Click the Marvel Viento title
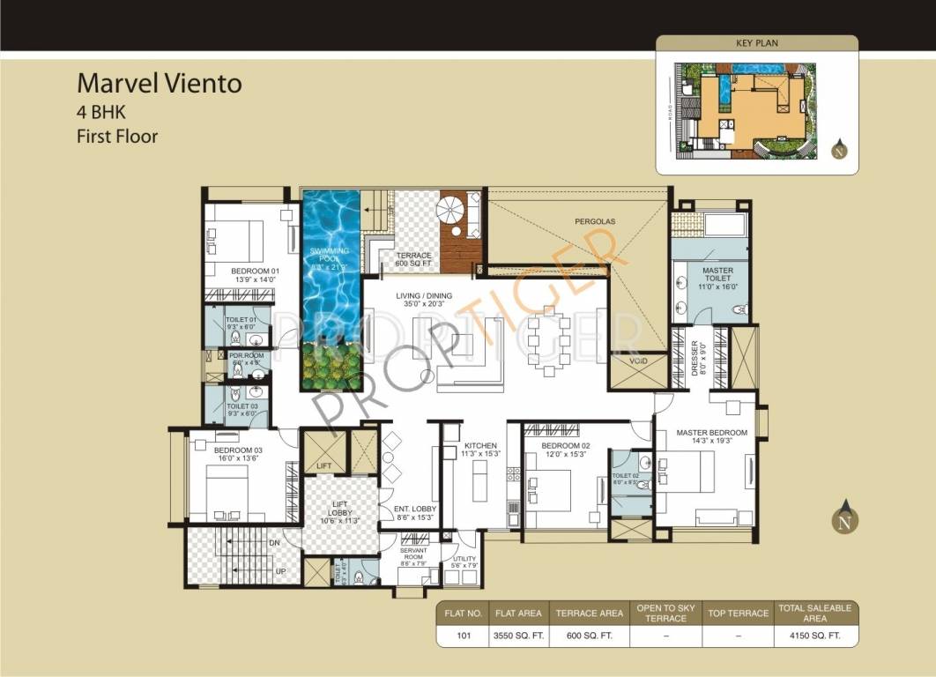(x=159, y=84)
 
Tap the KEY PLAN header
(x=756, y=42)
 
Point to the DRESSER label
(x=694, y=357)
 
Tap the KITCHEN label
(x=480, y=450)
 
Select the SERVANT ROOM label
(x=412, y=554)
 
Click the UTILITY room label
(x=464, y=562)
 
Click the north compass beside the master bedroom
(x=845, y=517)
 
